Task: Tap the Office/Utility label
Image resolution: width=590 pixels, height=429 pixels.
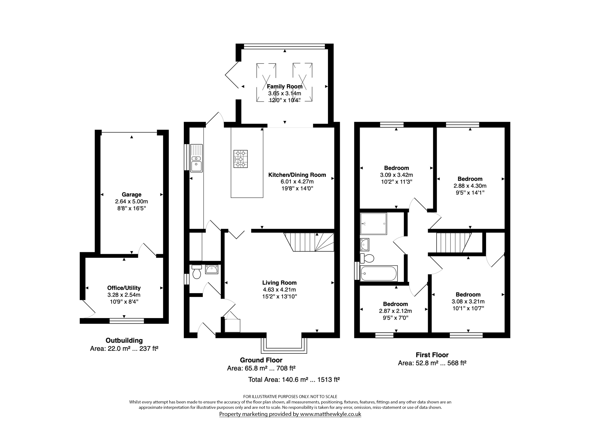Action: pyautogui.click(x=124, y=288)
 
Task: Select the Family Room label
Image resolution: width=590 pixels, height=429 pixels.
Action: pyautogui.click(x=285, y=86)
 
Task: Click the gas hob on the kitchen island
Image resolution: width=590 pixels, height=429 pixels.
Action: pyautogui.click(x=240, y=159)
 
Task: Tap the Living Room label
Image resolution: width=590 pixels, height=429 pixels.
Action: pyautogui.click(x=279, y=283)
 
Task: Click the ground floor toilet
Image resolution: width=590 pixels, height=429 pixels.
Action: pyautogui.click(x=196, y=272)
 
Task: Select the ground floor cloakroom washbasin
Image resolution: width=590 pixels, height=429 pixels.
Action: pyautogui.click(x=212, y=269)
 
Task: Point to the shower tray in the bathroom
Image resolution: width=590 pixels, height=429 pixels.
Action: pyautogui.click(x=373, y=224)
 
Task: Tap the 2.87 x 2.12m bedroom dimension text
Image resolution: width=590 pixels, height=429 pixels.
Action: pyautogui.click(x=395, y=311)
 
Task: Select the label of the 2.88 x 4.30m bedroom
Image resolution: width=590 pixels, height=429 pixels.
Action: pyautogui.click(x=470, y=179)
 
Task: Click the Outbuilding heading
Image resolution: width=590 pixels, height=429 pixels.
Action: pyautogui.click(x=124, y=340)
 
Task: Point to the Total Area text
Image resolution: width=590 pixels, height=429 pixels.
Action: pyautogui.click(x=294, y=379)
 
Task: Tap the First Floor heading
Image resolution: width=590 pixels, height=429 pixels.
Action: pyautogui.click(x=432, y=355)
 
